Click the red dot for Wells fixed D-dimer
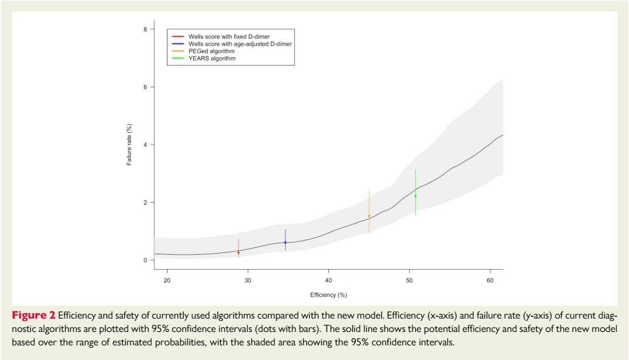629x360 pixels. click(x=238, y=252)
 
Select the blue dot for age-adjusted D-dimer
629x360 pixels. click(x=285, y=242)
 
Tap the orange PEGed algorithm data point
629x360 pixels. click(x=369, y=216)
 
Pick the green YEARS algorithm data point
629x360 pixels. click(x=415, y=196)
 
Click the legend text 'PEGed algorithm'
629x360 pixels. click(x=211, y=51)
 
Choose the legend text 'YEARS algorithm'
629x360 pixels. click(x=212, y=58)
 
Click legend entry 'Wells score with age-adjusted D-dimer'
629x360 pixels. click(x=240, y=44)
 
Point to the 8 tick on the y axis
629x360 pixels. click(x=144, y=29)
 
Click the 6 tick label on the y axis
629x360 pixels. click(x=144, y=87)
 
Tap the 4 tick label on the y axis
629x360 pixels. click(x=144, y=145)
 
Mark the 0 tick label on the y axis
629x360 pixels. click(x=144, y=260)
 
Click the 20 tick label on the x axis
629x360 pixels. click(x=166, y=280)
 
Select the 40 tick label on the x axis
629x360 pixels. click(x=328, y=280)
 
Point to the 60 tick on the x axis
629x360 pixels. click(x=490, y=280)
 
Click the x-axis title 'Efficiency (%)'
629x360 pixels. click(x=328, y=295)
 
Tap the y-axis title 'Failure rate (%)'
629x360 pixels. click(x=129, y=145)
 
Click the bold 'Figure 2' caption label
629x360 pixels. click(x=33, y=316)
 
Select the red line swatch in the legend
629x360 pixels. click(x=178, y=37)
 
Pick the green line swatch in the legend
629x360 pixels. click(x=178, y=58)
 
